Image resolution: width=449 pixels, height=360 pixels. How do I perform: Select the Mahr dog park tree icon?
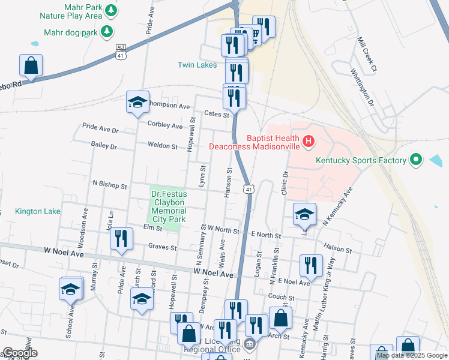107,31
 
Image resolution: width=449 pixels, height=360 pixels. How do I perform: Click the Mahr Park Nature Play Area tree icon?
110,10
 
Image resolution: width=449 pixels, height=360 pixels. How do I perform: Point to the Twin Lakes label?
197,65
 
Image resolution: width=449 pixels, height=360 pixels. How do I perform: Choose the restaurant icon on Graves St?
122,238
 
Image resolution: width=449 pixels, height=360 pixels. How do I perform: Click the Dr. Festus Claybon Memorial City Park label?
169,207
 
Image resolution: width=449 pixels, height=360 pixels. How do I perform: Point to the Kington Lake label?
38,211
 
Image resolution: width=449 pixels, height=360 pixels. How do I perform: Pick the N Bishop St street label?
109,186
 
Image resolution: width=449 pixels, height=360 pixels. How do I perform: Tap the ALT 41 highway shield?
121,52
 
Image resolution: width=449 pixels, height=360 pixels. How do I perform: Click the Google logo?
20,353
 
